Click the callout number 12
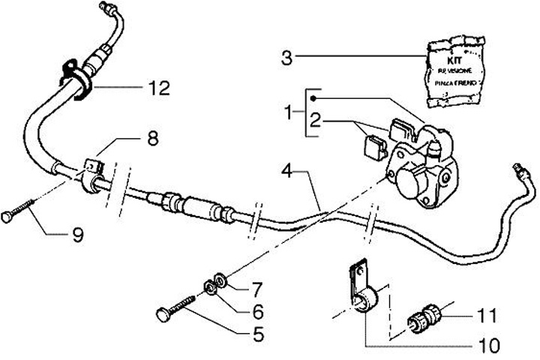159,88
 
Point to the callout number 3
286,57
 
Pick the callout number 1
289,114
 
